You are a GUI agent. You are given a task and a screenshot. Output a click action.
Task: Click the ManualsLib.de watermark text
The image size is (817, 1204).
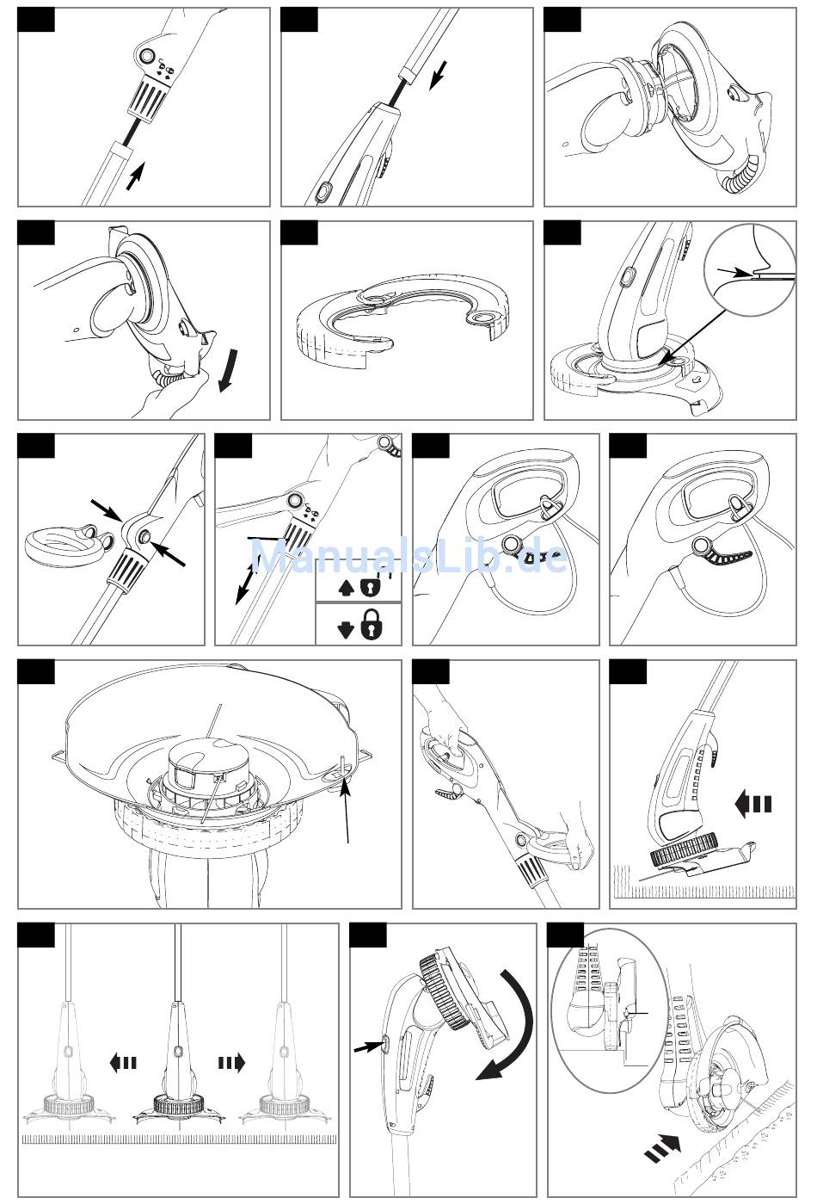[x=410, y=554]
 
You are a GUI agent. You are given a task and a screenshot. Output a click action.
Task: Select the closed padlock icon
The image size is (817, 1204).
[x=372, y=625]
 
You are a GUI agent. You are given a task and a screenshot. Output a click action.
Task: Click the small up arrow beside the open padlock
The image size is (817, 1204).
[x=345, y=587]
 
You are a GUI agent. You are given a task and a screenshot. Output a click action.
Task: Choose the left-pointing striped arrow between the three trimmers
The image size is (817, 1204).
[x=123, y=1062]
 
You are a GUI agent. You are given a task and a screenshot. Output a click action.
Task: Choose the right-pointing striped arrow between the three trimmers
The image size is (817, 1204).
[x=231, y=1062]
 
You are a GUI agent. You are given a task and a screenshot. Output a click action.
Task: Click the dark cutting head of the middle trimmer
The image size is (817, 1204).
[x=178, y=1103]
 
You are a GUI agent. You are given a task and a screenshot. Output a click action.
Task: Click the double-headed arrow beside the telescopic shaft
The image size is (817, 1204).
[x=246, y=584]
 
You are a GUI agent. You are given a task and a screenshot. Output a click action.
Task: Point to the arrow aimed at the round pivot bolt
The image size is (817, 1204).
[x=167, y=553]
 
